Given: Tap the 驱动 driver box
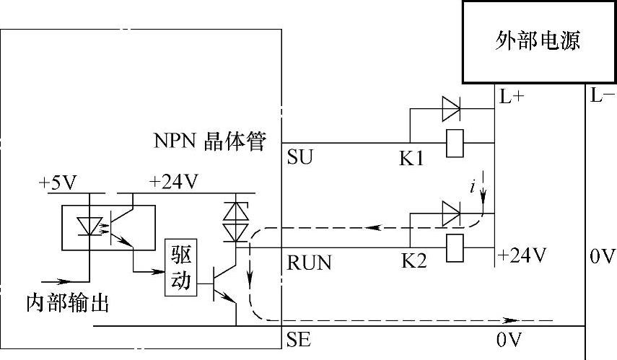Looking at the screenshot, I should (180, 268).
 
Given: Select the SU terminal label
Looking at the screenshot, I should (300, 157).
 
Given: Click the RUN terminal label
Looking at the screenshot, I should (310, 263).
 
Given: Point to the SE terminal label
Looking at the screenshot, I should (299, 339).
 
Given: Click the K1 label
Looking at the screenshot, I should (412, 158).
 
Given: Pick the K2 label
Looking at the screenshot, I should (413, 260).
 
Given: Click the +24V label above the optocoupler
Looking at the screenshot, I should (173, 183).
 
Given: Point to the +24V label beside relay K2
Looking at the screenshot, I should (522, 255).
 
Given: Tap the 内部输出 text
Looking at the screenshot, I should (67, 303).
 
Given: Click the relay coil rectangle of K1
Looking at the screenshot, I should (455, 143).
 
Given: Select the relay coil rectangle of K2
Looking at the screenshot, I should (455, 246).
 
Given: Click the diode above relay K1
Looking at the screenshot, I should (451, 110).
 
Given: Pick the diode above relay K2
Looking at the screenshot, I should (451, 213).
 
